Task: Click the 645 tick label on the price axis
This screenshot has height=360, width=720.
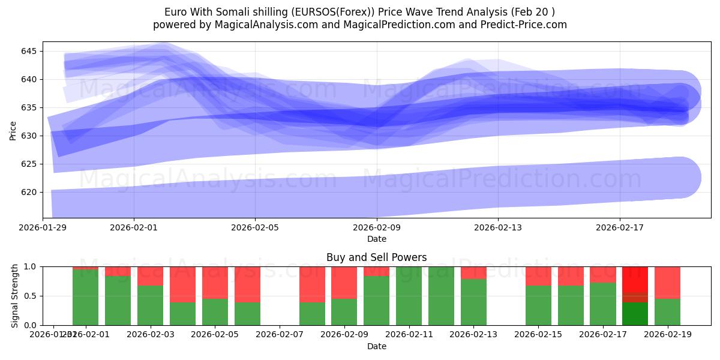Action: (29, 51)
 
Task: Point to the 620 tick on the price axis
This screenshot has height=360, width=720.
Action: (29, 192)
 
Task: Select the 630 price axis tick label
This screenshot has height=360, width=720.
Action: (29, 136)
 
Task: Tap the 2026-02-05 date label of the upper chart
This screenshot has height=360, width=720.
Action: (256, 227)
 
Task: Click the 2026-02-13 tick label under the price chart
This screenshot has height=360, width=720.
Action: (498, 227)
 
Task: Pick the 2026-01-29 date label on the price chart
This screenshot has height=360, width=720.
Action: (43, 227)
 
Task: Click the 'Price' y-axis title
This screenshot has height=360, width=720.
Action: (13, 130)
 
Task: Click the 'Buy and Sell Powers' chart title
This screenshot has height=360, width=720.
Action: (377, 257)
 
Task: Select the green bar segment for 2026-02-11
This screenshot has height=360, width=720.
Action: (409, 296)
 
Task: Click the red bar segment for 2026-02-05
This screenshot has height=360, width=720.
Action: (215, 282)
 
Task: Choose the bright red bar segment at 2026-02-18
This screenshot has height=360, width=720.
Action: (635, 279)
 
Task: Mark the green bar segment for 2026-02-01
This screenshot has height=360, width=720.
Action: (85, 297)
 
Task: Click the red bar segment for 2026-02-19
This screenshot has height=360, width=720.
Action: (667, 282)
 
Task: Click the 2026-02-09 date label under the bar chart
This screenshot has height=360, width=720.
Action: (344, 334)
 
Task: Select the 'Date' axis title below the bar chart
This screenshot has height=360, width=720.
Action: (377, 346)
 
